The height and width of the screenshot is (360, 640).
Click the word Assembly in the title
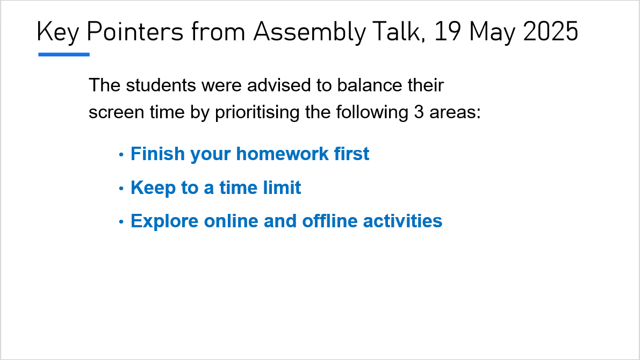pos(309,32)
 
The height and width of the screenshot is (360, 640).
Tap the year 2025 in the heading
pos(550,31)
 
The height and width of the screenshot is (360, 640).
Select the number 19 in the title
pos(448,31)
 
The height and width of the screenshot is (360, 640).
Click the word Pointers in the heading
pos(135,31)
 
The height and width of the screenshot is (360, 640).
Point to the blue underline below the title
pos(64,54)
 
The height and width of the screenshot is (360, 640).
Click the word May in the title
pos(492,33)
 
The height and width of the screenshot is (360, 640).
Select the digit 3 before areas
pos(419,112)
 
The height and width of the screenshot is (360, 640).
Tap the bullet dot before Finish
pos(121,155)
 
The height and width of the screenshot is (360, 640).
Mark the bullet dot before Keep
pos(121,189)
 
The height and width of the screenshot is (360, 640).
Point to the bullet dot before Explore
pos(121,222)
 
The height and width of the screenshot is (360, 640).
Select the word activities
pos(402,221)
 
